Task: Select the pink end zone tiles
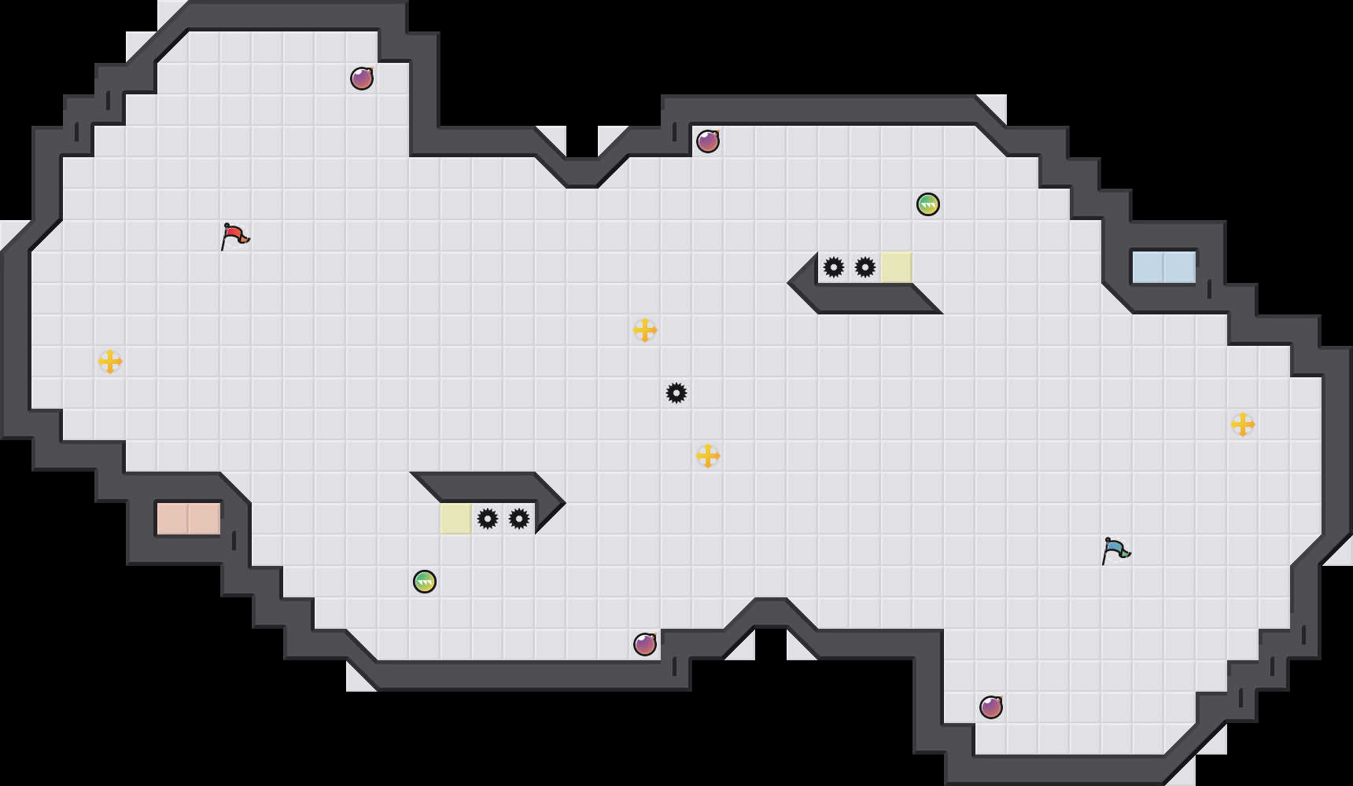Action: click(189, 519)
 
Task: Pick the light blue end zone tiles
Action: click(1164, 267)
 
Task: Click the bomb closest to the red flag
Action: click(362, 79)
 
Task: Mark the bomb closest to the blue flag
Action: click(991, 707)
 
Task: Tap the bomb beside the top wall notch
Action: click(708, 141)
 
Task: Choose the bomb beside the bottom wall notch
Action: click(645, 645)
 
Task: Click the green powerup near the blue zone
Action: click(928, 204)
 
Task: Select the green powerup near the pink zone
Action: click(425, 582)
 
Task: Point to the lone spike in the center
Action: click(676, 393)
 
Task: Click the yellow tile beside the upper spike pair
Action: click(897, 267)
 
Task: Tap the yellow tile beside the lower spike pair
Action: click(456, 519)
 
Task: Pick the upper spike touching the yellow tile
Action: click(865, 267)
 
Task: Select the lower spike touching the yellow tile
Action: click(488, 519)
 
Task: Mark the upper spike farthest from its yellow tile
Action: click(834, 267)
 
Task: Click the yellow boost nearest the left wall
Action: click(110, 362)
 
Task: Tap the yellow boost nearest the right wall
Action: click(1243, 424)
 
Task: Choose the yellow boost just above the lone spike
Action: click(645, 330)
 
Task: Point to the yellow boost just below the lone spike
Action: click(708, 456)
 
